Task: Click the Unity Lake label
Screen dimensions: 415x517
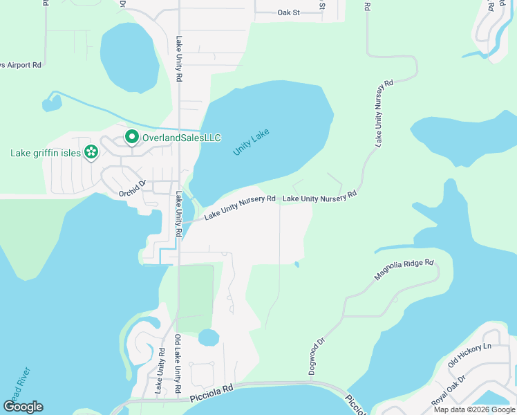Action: (x=251, y=142)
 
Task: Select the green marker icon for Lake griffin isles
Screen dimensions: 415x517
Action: (x=90, y=152)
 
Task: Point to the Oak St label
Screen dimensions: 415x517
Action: (x=288, y=12)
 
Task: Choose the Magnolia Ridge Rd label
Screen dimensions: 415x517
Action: (x=404, y=270)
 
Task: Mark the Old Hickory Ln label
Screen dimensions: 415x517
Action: (x=469, y=355)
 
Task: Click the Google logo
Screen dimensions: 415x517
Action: (x=23, y=407)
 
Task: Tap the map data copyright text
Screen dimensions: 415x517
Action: (x=474, y=409)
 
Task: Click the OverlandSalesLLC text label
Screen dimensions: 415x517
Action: (x=181, y=138)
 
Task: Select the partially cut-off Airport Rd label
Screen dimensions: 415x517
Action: (x=21, y=64)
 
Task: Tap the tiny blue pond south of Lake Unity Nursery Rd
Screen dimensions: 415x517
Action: (x=297, y=264)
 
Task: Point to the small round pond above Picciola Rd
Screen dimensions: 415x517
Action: (x=208, y=338)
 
